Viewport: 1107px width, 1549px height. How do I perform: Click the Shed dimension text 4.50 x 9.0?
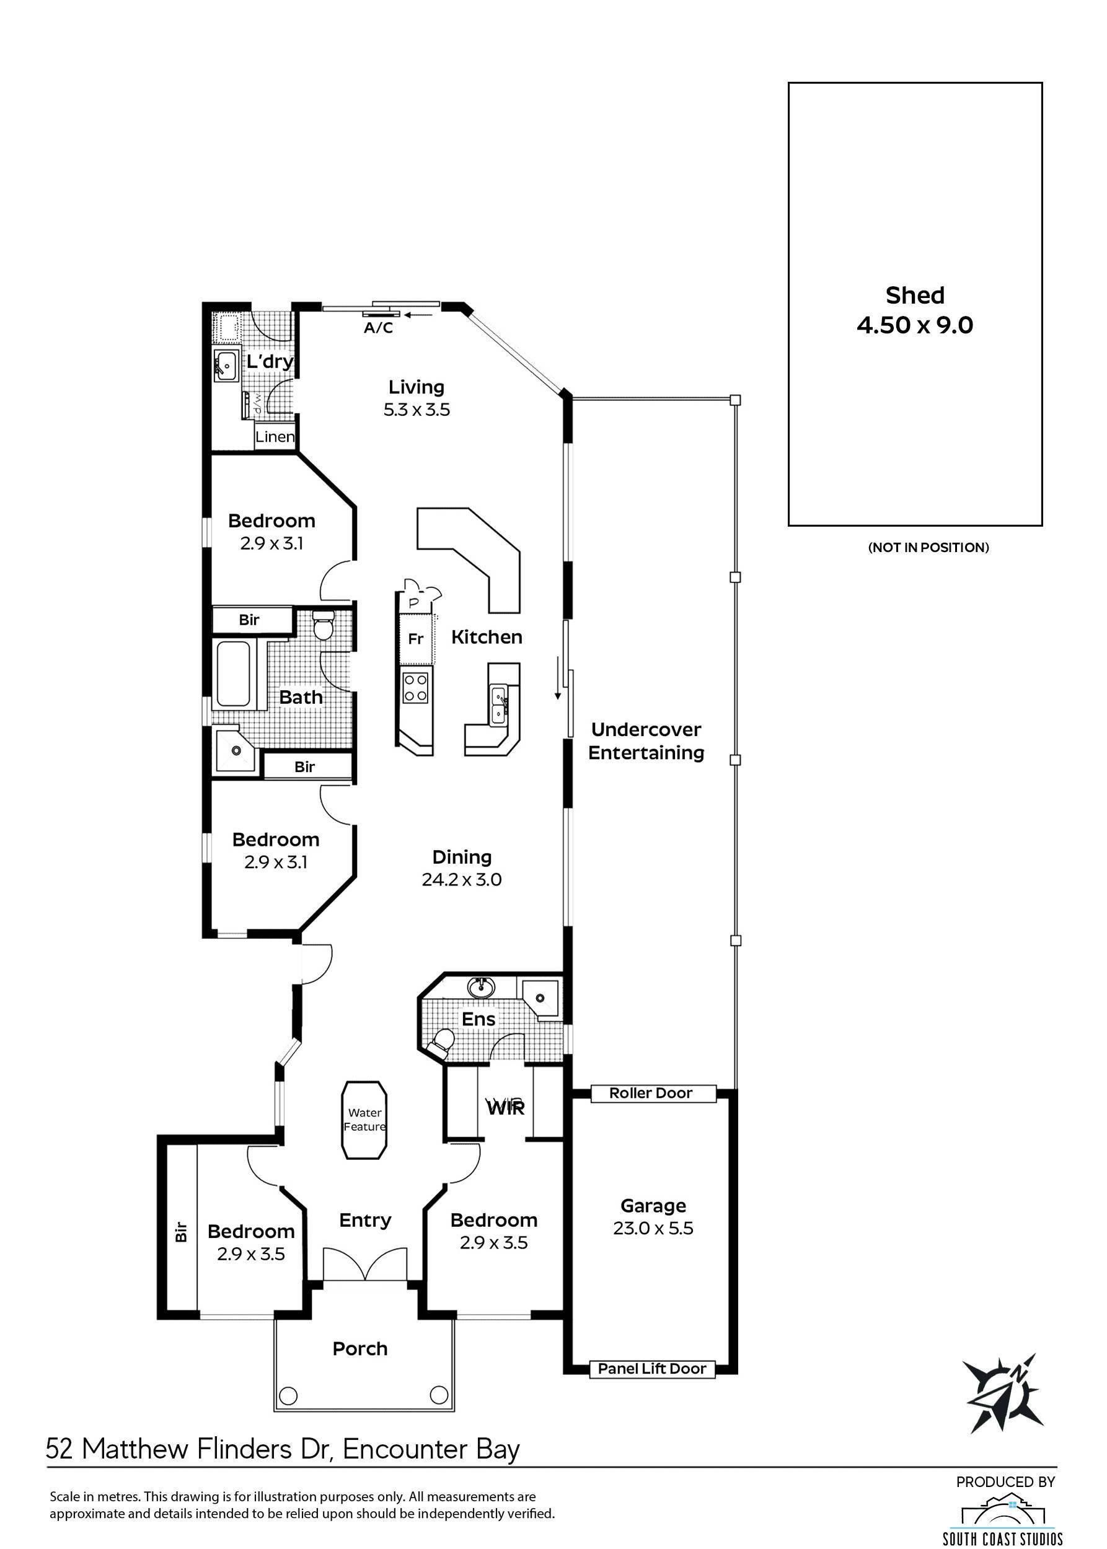[x=915, y=325]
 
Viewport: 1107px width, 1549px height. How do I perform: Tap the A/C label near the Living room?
[x=378, y=328]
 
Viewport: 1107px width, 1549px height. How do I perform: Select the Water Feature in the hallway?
[x=364, y=1120]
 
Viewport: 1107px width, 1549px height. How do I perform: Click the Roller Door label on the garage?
[x=651, y=1093]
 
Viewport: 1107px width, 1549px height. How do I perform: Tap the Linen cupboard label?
[x=275, y=437]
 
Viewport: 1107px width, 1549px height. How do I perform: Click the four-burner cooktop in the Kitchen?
[x=415, y=687]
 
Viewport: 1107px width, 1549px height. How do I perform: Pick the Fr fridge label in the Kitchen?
[x=415, y=639]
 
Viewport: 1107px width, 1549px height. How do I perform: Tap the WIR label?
[x=506, y=1107]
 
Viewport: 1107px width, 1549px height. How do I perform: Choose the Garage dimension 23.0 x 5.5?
[x=653, y=1228]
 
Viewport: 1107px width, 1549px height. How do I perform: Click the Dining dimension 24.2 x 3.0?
[x=462, y=879]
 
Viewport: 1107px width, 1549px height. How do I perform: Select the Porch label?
[x=360, y=1348]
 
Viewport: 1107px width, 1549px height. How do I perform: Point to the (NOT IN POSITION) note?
[x=928, y=547]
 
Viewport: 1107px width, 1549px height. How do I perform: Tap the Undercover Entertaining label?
[x=646, y=741]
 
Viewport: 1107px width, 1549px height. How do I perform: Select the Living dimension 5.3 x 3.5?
[x=417, y=410]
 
